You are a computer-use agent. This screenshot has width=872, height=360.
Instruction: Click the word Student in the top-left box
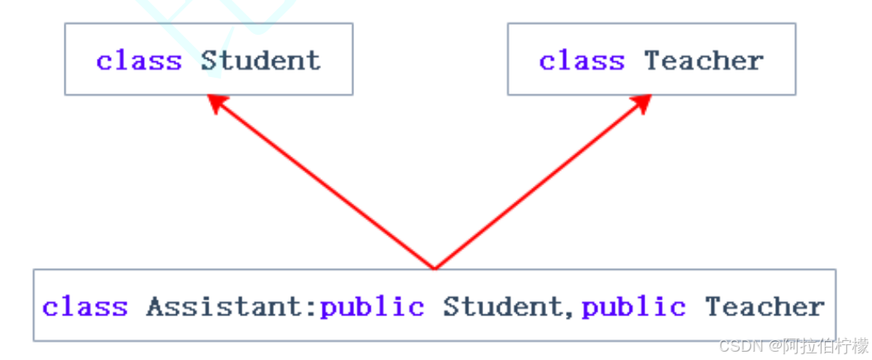(260, 60)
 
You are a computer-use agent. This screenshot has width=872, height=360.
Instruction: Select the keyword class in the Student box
(139, 60)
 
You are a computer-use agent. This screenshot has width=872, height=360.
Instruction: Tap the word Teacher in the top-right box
(703, 60)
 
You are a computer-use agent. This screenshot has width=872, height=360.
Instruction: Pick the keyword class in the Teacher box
(582, 60)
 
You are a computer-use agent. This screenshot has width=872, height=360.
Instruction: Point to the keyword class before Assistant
(85, 307)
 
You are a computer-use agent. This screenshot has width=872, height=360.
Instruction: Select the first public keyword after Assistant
(372, 307)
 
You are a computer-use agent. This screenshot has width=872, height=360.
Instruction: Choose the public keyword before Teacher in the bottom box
(634, 307)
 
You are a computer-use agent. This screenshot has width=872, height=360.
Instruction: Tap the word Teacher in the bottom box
(764, 307)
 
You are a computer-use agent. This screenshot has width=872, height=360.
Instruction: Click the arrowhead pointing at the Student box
(218, 103)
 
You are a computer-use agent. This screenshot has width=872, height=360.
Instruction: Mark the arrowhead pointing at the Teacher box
(641, 103)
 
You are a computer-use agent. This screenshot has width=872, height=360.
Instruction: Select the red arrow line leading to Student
(323, 184)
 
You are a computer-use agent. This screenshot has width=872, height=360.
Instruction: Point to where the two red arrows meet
(434, 267)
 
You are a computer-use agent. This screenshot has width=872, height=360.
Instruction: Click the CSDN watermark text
(738, 345)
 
